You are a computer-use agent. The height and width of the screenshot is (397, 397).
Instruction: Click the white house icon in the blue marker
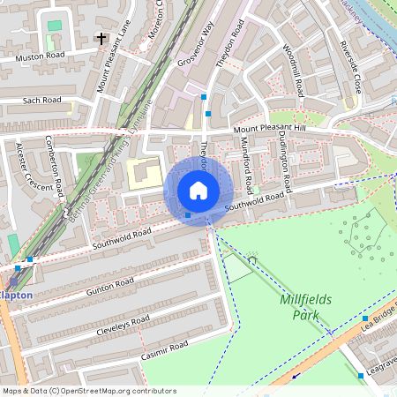pos(198,191)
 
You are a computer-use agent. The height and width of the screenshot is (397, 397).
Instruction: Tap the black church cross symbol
pos(101,39)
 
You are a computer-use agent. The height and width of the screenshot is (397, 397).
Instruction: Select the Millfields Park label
pos(305,306)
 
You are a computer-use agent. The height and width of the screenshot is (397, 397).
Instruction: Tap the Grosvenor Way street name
pos(195,44)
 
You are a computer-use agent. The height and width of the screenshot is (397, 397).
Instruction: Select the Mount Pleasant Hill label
pos(269,130)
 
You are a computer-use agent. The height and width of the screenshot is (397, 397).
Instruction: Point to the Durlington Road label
pos(283,162)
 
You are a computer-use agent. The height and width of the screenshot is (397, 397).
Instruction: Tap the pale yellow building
pos(144,174)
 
